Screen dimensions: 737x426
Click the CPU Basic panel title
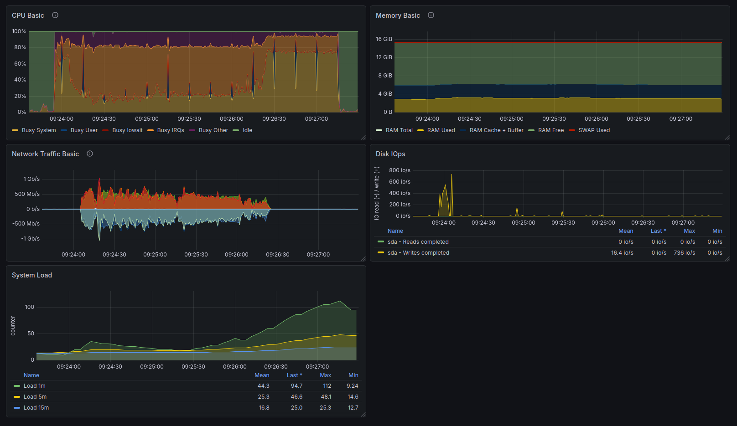(28, 15)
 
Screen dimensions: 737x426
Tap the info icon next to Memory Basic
(431, 15)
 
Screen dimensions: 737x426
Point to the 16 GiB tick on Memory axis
(384, 39)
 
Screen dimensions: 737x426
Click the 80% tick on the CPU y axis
(20, 47)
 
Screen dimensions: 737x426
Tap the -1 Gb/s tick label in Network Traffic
(30, 239)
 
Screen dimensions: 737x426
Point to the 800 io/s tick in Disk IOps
(400, 170)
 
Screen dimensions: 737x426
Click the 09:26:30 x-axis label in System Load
(276, 366)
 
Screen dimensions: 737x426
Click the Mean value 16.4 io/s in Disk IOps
(622, 253)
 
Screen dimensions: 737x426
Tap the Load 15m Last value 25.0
(296, 408)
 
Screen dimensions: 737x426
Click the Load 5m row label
(35, 397)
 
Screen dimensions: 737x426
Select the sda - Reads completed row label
(418, 242)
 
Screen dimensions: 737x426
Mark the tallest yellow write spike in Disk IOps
(452, 174)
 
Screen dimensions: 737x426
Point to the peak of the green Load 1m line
(340, 301)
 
